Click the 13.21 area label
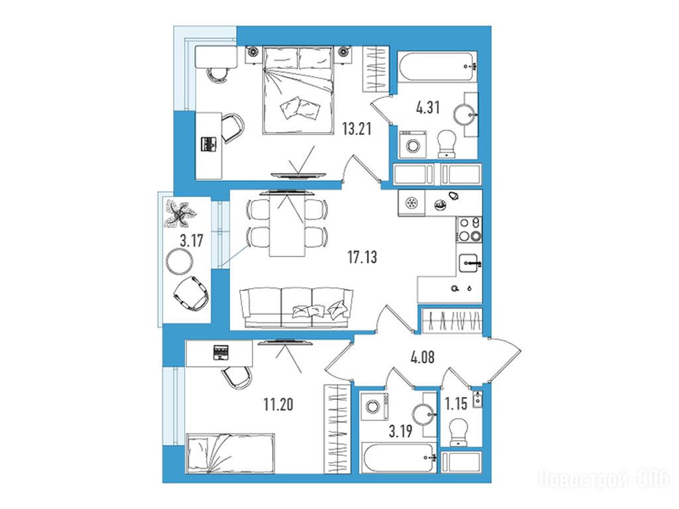tap(356, 129)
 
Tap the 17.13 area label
tap(362, 257)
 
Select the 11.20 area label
tap(278, 404)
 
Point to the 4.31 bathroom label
tap(428, 107)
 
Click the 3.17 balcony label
tap(192, 240)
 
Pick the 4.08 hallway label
tap(422, 357)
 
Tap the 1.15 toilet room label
tap(456, 404)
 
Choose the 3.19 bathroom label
tap(400, 431)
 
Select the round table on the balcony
tap(179, 261)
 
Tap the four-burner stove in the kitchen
tap(469, 229)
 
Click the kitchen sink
tap(469, 263)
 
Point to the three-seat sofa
tap(296, 307)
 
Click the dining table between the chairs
tap(286, 224)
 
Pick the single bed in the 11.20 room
tap(230, 453)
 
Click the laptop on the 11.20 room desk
tap(220, 353)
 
